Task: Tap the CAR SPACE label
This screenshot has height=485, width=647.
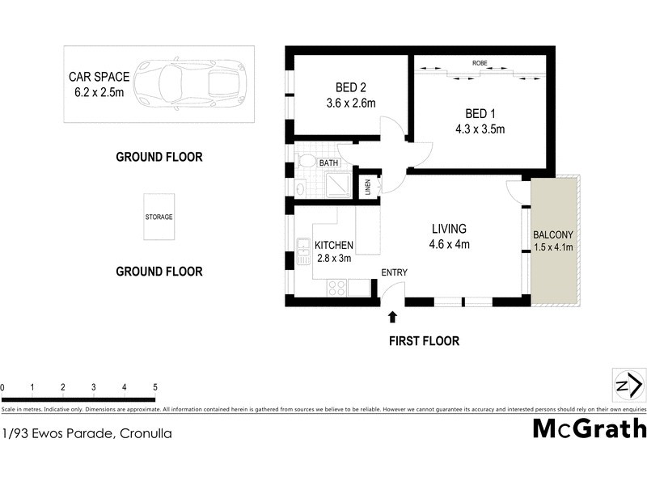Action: [99, 78]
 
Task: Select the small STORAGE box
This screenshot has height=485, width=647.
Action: [159, 217]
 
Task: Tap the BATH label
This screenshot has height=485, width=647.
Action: [329, 163]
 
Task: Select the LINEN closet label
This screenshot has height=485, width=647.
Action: [367, 187]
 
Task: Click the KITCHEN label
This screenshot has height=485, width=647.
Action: [333, 245]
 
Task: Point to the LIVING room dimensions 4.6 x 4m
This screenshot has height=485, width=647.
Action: [449, 245]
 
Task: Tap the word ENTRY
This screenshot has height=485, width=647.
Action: [394, 272]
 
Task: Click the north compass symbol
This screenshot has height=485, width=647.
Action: [629, 384]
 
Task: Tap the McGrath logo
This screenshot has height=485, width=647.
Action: [588, 428]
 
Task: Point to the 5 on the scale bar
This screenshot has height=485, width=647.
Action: [154, 388]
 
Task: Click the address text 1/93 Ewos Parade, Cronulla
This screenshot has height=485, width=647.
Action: [87, 433]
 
